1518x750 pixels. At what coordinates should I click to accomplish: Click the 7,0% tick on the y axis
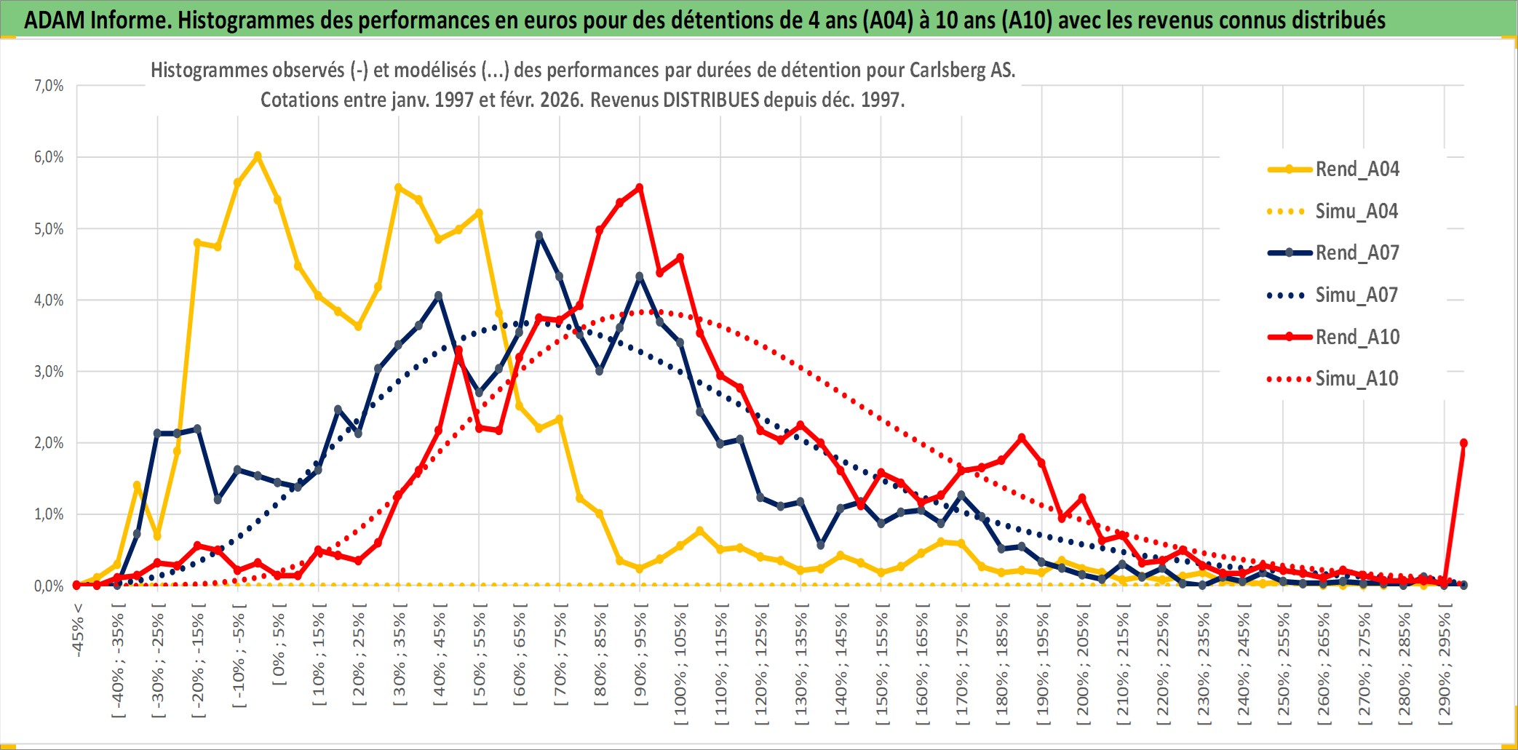tap(49, 86)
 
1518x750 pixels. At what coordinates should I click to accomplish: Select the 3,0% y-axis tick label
tap(49, 372)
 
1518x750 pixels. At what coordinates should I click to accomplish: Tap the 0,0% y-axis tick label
tap(49, 586)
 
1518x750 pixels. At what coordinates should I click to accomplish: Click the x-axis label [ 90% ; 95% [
tap(640, 658)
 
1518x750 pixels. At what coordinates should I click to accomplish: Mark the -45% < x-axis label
tap(78, 630)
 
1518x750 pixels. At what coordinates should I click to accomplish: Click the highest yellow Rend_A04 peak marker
tap(258, 156)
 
